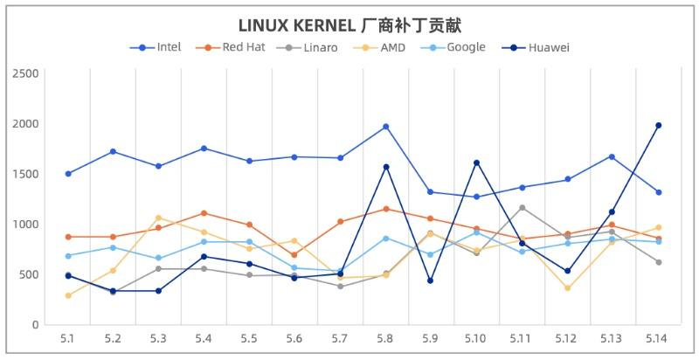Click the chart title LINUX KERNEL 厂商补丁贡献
349,24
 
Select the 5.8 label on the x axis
385,337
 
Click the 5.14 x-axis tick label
658,337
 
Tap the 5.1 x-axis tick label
67,337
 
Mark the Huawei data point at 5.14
658,125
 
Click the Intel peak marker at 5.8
385,127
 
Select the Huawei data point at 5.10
476,163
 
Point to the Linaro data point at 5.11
522,208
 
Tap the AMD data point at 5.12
567,288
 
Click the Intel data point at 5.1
67,174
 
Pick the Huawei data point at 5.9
431,280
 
